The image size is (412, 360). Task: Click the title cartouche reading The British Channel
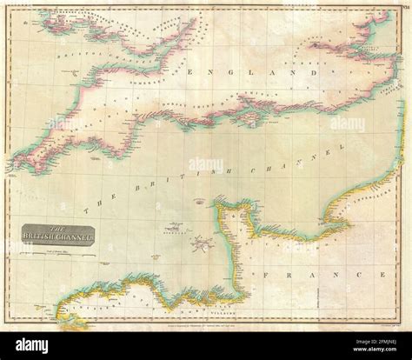(x=49, y=235)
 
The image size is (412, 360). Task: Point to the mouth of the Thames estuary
(x=382, y=54)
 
